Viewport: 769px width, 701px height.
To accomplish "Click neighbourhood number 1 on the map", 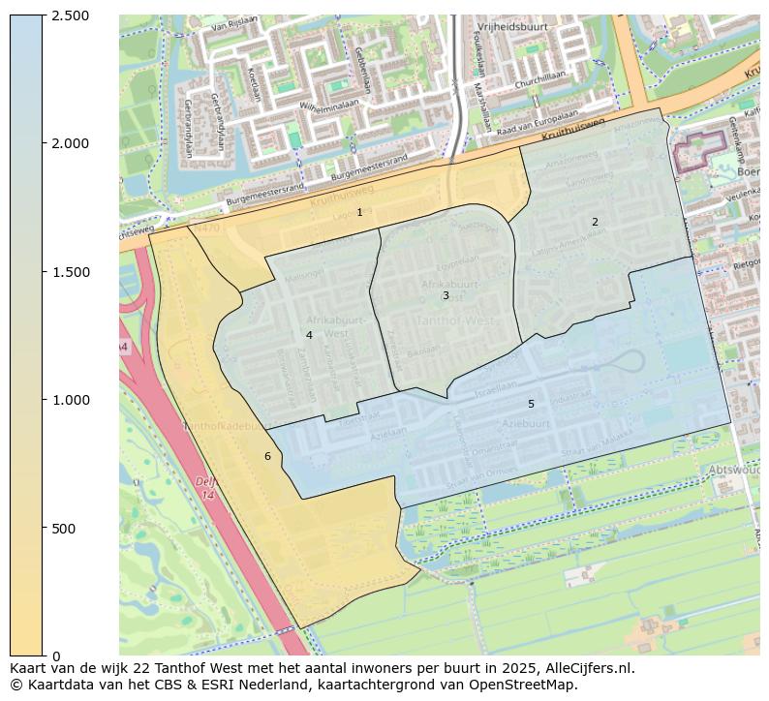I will pos(359,212).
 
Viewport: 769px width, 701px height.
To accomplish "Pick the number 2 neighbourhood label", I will pos(595,222).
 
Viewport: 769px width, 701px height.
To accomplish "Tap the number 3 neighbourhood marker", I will pos(446,295).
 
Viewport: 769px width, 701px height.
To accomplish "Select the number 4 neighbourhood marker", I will pos(309,335).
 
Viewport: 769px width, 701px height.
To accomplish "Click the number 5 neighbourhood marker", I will pos(531,404).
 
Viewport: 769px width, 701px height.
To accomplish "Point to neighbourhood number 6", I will pos(267,456).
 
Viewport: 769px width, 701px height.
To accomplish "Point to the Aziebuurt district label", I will pos(526,424).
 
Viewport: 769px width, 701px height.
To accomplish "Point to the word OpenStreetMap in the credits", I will pos(525,685).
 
